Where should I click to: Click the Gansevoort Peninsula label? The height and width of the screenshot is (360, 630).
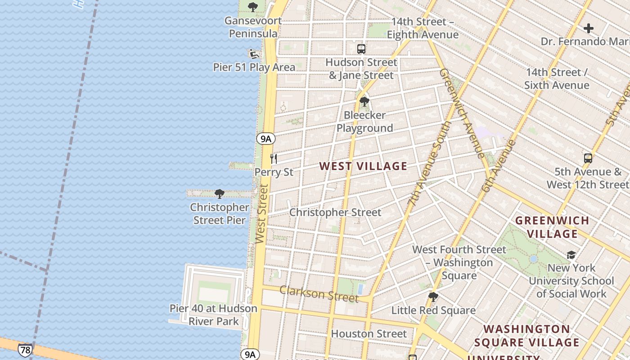pyautogui.click(x=253, y=27)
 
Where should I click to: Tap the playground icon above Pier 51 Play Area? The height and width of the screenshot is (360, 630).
pyautogui.click(x=254, y=54)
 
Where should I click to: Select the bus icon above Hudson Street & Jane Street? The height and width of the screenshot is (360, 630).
pyautogui.click(x=361, y=49)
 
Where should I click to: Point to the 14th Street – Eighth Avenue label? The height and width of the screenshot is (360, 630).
pyautogui.click(x=423, y=28)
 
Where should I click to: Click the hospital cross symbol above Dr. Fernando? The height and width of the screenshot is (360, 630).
pyautogui.click(x=588, y=28)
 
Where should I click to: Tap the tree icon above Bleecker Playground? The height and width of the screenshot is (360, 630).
pyautogui.click(x=364, y=102)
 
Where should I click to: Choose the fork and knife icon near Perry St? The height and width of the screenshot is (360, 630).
pyautogui.click(x=273, y=158)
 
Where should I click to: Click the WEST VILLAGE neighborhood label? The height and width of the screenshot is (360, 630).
pyautogui.click(x=363, y=166)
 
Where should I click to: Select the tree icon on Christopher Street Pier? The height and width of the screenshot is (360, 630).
pyautogui.click(x=219, y=194)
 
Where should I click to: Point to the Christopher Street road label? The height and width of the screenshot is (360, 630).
pyautogui.click(x=335, y=212)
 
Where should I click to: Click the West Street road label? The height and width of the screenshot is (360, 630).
pyautogui.click(x=261, y=214)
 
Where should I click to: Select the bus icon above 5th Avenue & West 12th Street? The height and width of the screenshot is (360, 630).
pyautogui.click(x=588, y=158)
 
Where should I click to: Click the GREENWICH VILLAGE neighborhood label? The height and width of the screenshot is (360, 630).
pyautogui.click(x=552, y=227)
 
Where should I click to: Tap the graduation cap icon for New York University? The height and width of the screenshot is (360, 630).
pyautogui.click(x=571, y=255)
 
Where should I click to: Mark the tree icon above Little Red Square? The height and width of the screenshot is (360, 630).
pyautogui.click(x=433, y=297)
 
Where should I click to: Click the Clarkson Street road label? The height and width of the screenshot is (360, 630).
pyautogui.click(x=319, y=293)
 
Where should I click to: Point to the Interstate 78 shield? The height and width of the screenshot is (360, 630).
pyautogui.click(x=25, y=350)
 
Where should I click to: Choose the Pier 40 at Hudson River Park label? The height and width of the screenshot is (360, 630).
pyautogui.click(x=213, y=315)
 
